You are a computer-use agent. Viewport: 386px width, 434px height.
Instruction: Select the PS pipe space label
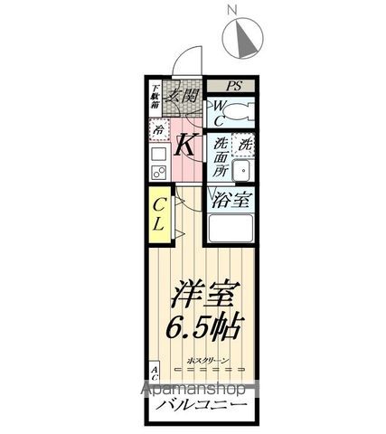tap(234, 87)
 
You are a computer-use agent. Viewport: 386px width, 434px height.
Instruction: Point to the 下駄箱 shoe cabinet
tap(155, 97)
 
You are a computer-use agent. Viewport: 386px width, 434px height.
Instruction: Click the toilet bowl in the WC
tap(241, 113)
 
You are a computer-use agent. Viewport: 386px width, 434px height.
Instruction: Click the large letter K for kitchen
tap(186, 144)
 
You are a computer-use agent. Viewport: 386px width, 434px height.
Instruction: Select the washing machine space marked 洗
tap(243, 143)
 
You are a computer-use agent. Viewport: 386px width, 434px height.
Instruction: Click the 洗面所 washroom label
tap(221, 156)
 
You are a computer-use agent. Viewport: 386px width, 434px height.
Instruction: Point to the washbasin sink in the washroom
tap(242, 172)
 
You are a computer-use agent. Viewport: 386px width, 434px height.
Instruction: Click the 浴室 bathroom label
tap(231, 201)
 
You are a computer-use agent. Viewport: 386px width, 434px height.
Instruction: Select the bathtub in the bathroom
tap(231, 231)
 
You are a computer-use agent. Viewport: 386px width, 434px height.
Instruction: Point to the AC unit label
tap(155, 373)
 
